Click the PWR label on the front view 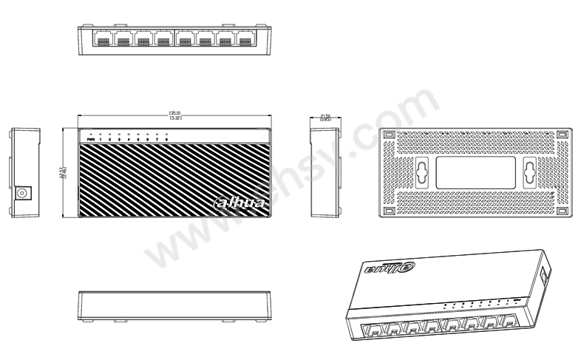tap(91, 139)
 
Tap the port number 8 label tap(167, 139)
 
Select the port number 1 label tap(101, 139)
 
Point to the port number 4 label tap(129, 139)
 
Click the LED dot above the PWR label tap(90, 134)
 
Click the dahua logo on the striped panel tap(233, 202)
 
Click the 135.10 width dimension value tap(175, 114)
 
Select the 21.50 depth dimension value tap(325, 115)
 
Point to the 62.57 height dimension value tap(64, 174)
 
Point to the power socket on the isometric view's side tap(545, 275)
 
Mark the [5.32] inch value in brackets tap(175, 118)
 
